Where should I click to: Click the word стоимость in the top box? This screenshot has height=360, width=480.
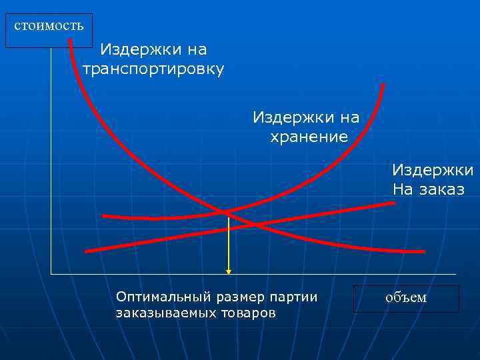point(49,26)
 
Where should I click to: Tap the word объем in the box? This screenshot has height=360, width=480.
point(406,297)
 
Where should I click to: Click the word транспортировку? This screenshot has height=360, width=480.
point(153,69)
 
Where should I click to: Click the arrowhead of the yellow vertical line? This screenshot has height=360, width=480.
point(229,271)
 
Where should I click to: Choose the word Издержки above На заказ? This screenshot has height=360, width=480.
point(432,170)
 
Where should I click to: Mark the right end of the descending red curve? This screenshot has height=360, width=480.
point(423,251)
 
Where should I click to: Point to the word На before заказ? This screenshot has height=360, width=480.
point(403,189)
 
